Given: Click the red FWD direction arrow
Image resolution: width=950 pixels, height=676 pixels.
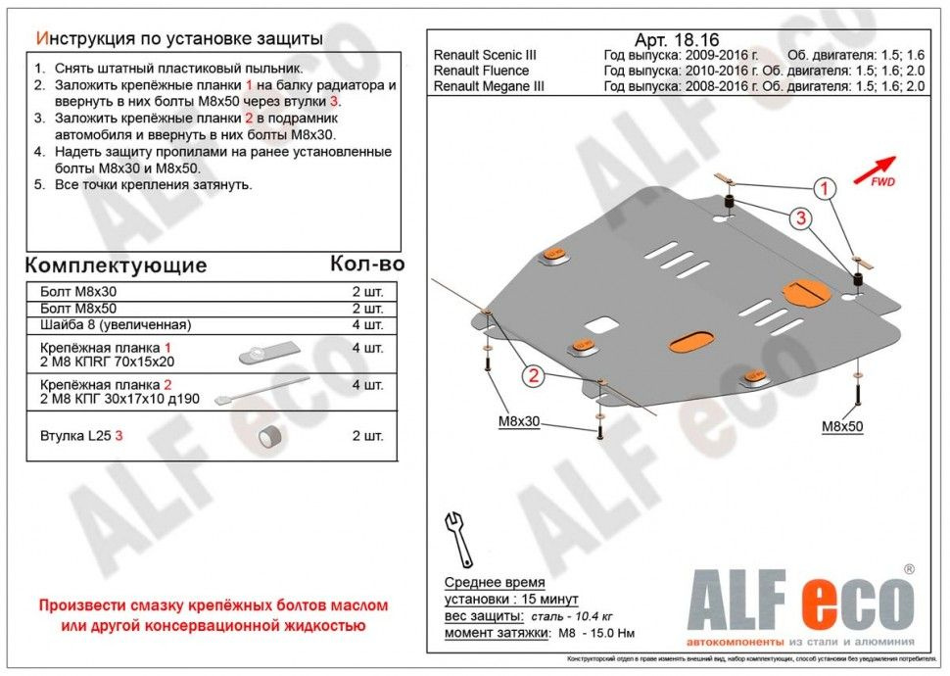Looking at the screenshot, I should pos(875,169).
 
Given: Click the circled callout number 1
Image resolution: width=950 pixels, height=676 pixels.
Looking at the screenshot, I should pos(825,188).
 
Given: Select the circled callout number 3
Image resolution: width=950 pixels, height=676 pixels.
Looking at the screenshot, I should pos(800,219).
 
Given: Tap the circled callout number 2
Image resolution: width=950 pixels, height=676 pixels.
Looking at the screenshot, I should pos(533,375).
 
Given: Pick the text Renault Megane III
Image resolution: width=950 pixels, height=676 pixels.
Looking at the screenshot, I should pos(489,86).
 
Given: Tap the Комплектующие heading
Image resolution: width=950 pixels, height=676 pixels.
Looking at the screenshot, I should pos(116,266).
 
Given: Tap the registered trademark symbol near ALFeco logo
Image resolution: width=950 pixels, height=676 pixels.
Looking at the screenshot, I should pos(908,569).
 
